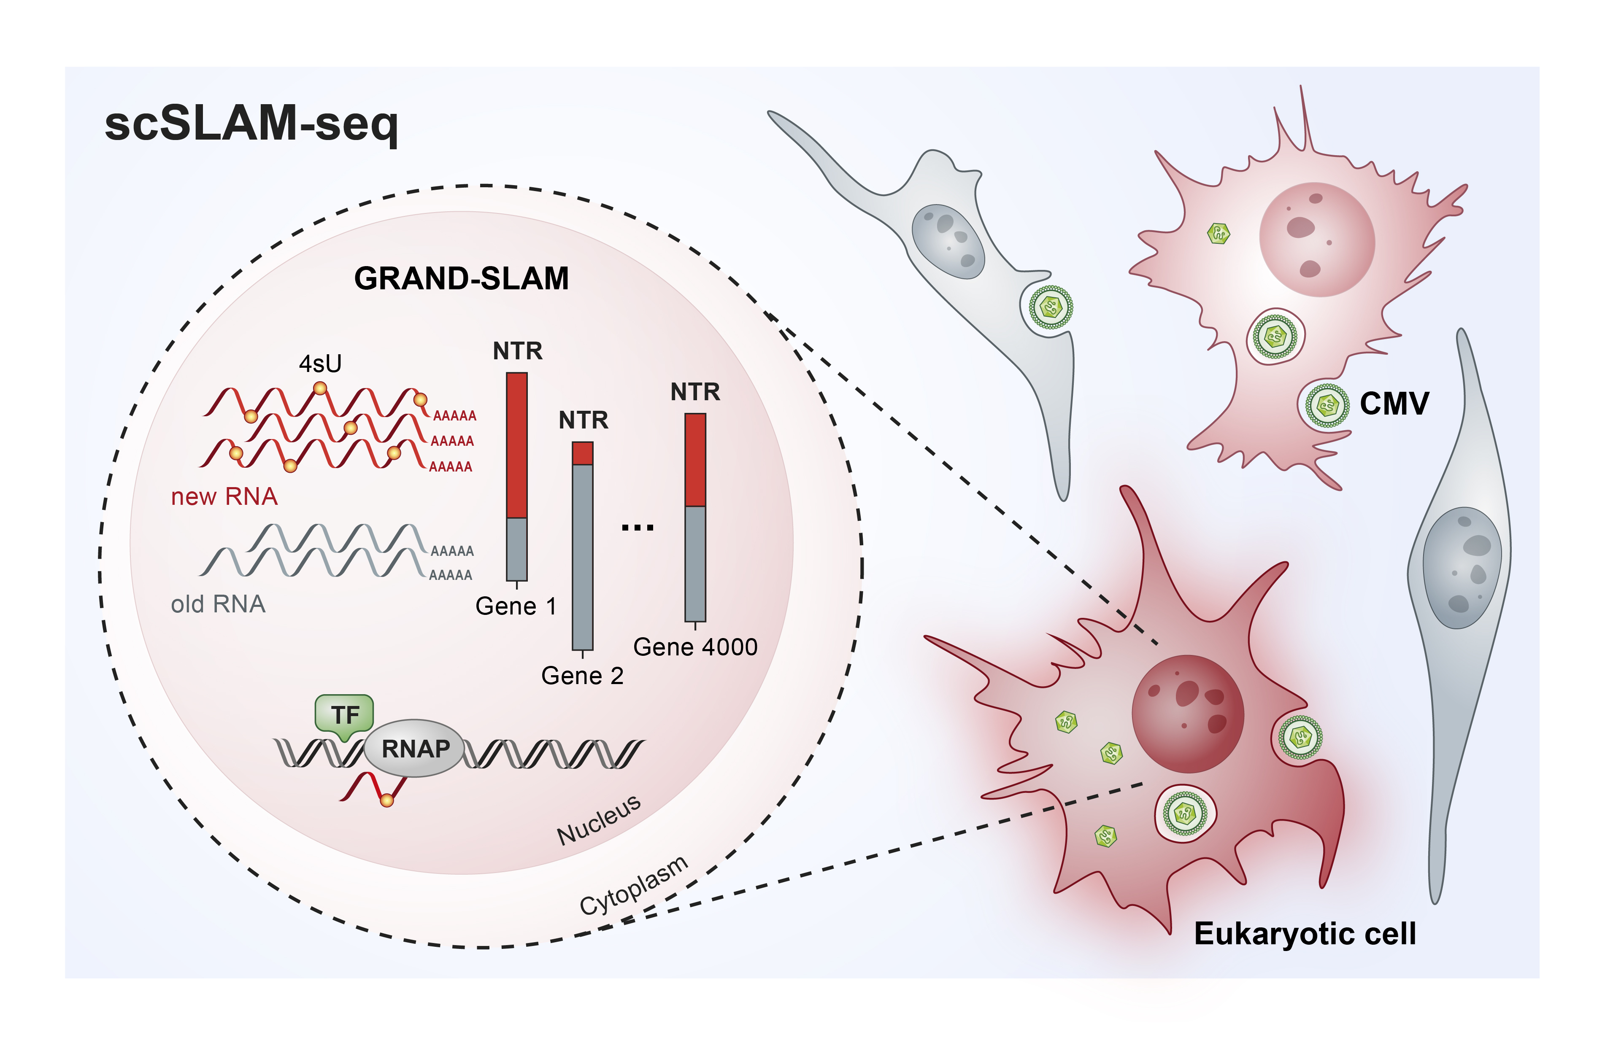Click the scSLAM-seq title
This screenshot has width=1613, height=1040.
point(251,124)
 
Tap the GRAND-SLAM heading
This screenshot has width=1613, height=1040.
point(461,279)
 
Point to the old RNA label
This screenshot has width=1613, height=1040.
point(217,604)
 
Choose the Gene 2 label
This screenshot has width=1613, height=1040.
point(582,675)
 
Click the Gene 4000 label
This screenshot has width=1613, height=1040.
point(695,647)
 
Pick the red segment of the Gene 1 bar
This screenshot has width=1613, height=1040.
point(517,446)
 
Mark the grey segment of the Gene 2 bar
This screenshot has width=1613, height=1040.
point(582,557)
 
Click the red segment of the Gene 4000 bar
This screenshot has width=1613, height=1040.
point(695,460)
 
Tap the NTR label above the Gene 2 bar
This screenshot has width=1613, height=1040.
point(583,420)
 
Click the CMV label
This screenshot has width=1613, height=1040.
point(1394,404)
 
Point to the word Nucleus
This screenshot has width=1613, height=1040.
point(598,820)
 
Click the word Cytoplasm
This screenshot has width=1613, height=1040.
point(634,885)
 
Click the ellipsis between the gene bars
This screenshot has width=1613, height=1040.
point(638,528)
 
